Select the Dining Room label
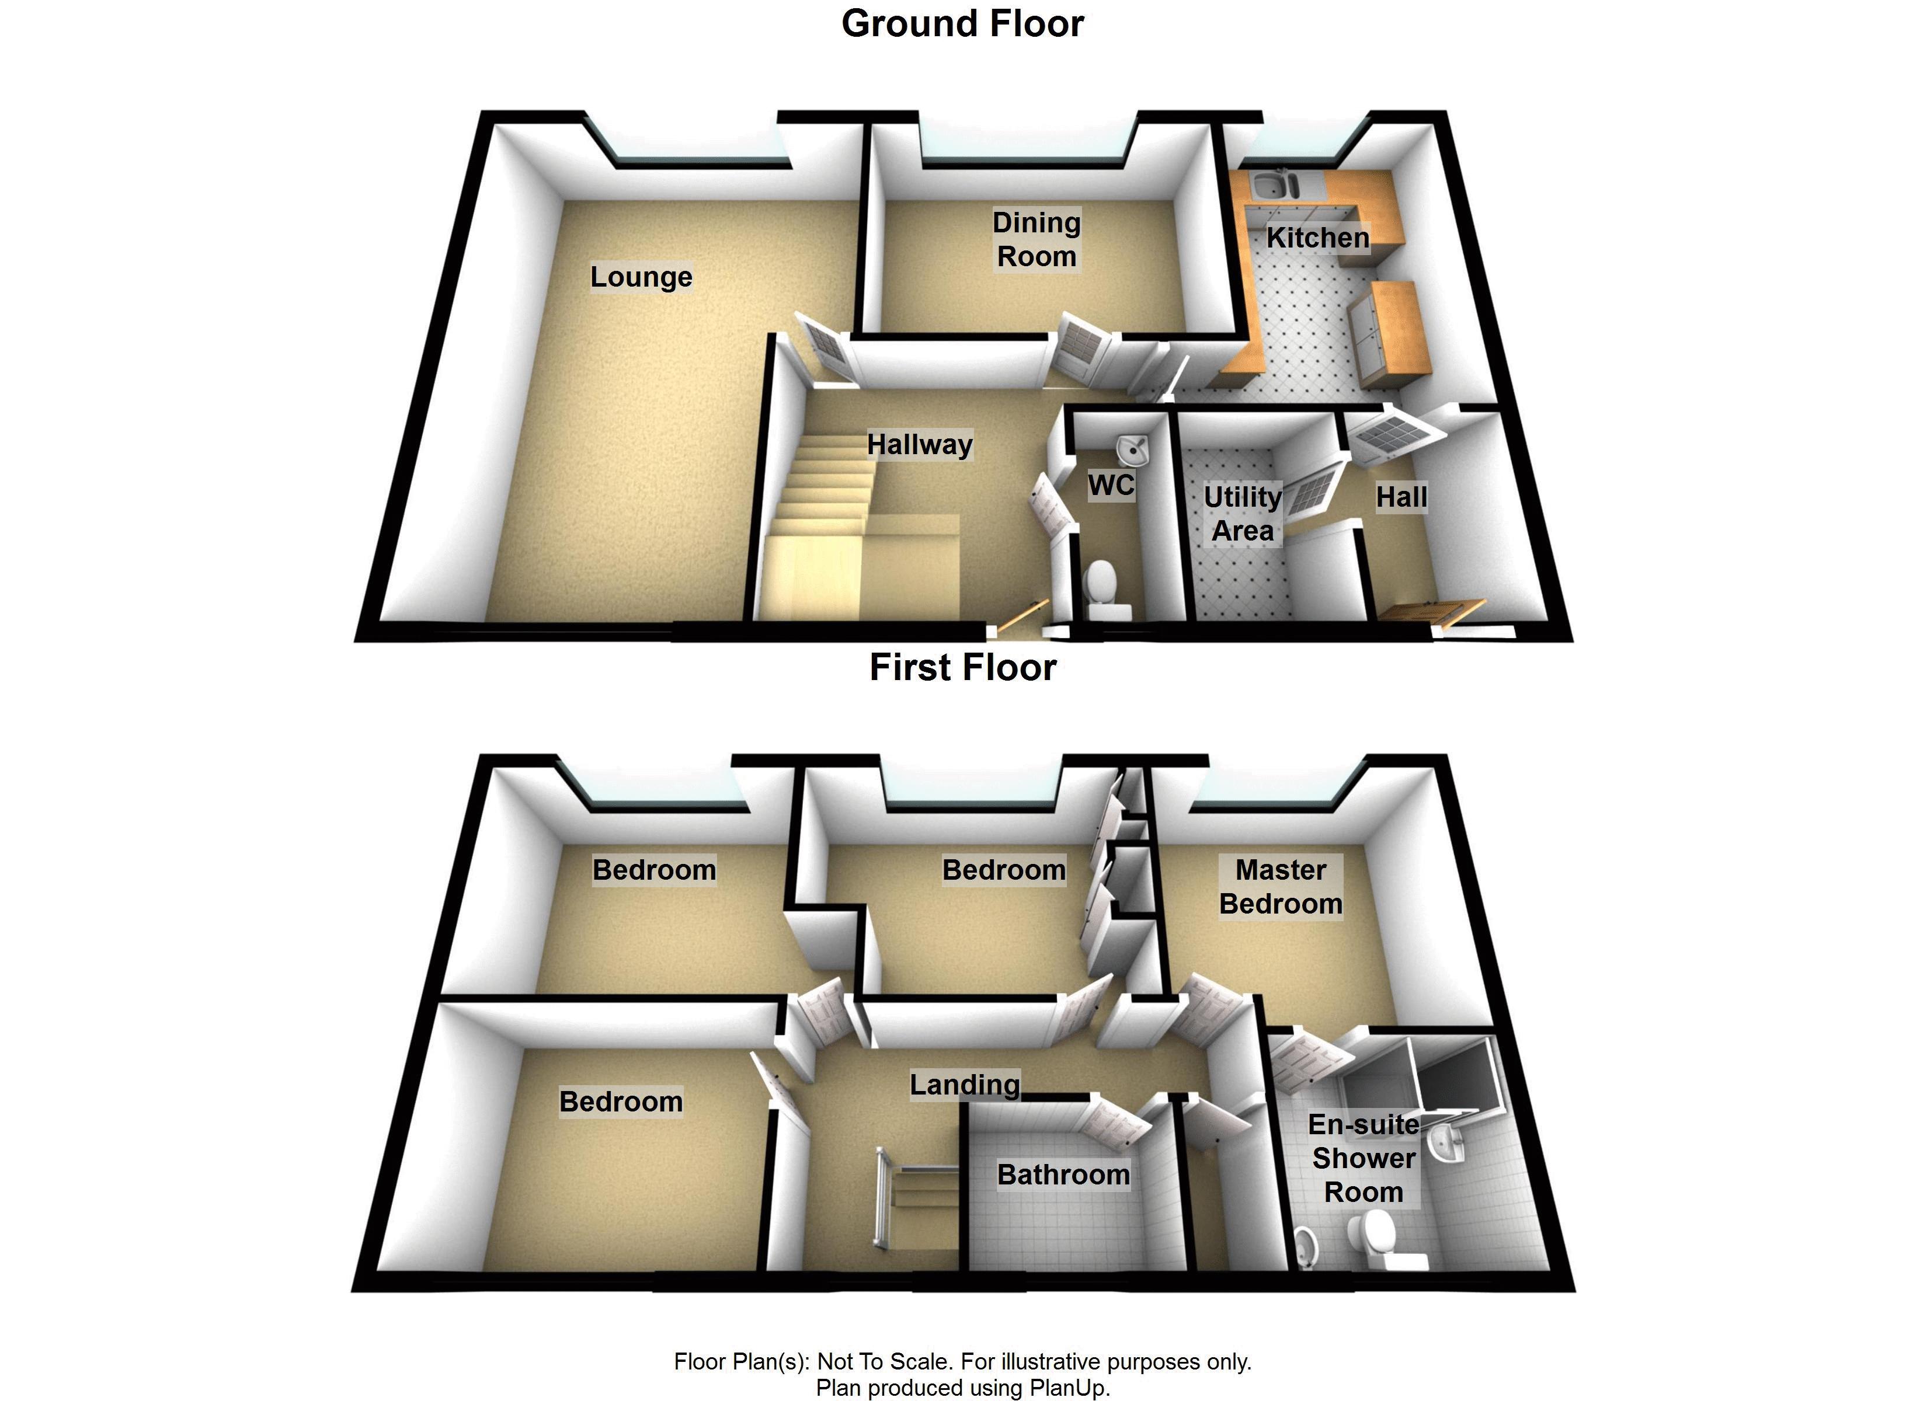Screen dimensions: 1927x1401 (x=1036, y=239)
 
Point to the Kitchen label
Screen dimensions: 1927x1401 (x=1317, y=238)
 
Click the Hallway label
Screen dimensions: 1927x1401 (x=919, y=444)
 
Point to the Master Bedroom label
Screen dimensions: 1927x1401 (x=1281, y=886)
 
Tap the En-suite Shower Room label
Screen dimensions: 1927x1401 (x=1363, y=1158)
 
